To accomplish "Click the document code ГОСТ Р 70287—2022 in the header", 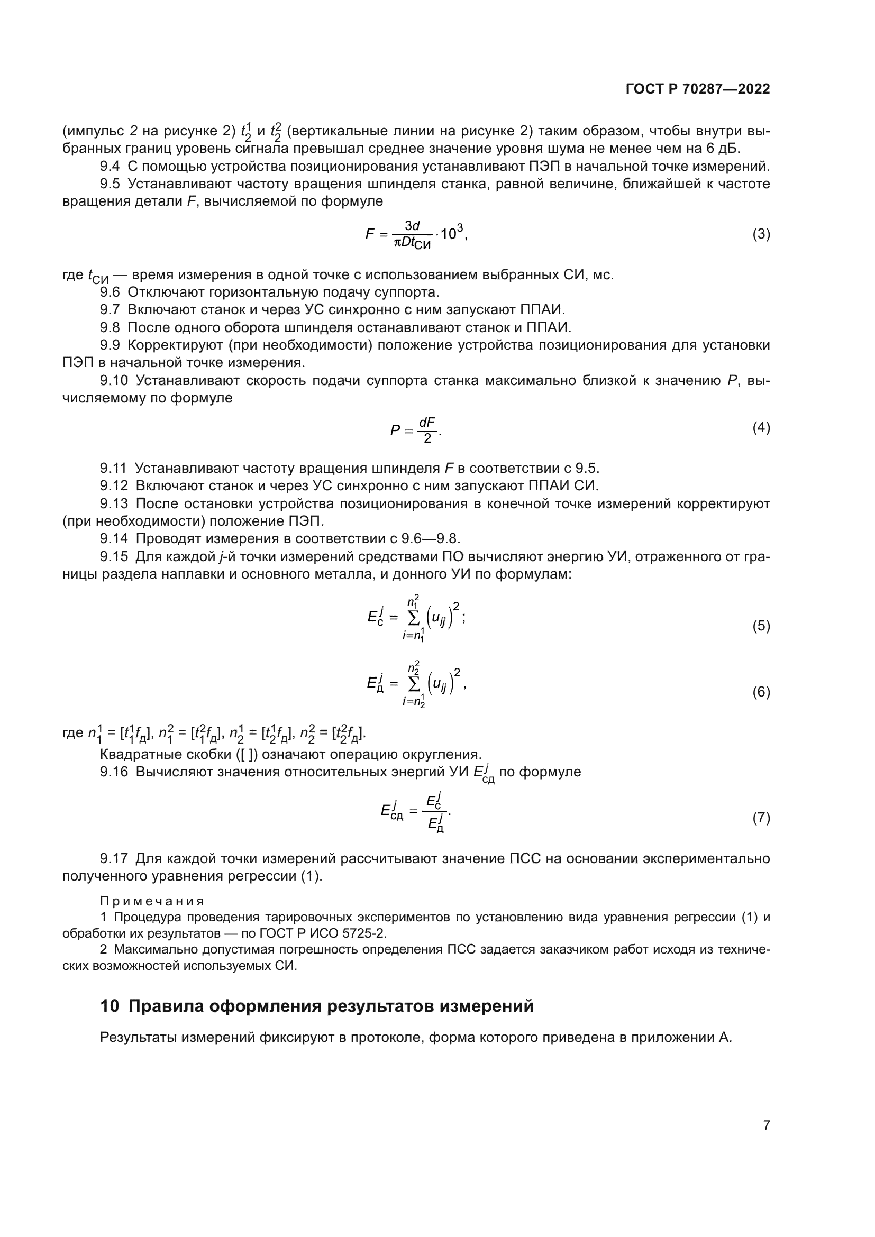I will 698,89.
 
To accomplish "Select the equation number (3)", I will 761,234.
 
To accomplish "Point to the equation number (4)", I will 761,428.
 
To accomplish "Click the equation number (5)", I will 761,626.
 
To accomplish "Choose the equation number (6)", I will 761,692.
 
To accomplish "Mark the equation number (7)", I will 761,818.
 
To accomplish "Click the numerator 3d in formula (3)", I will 412,226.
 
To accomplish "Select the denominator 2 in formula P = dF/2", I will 427,438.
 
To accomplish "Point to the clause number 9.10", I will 114,381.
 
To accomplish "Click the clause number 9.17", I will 114,858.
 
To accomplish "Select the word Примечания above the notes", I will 152,901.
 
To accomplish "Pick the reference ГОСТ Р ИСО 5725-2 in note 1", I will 321,933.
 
